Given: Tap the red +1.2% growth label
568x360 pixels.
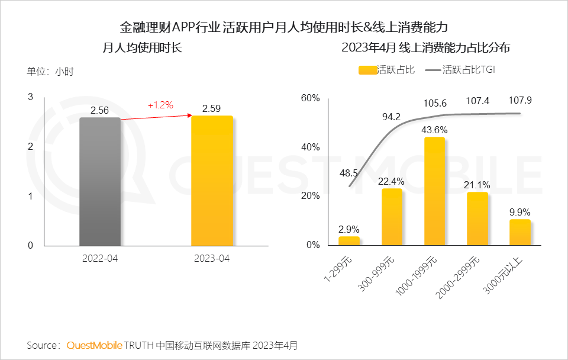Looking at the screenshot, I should pos(160,105).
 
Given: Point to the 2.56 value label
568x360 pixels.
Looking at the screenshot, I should pos(100,110).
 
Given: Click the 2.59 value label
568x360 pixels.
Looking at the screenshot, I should pos(212,108).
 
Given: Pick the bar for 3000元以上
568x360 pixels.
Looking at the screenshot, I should pos(520,232).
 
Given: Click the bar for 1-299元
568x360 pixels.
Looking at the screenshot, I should pos(349,240).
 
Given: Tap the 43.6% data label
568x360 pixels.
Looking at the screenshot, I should pos(435,130).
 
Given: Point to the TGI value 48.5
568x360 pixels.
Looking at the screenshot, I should pos(348,173).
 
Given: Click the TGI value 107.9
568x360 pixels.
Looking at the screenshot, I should pos(520,101).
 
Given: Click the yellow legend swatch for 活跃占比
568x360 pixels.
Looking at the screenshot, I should pos(367,70).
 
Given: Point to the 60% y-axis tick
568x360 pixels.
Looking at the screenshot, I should pos(311,98).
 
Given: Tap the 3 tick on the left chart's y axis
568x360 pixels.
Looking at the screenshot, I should pos(31,97).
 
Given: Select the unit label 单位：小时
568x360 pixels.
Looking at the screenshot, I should pos(50,71).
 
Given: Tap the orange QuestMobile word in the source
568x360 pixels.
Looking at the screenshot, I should pos(95,345).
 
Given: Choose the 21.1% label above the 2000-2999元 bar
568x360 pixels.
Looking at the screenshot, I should pos(477,185).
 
